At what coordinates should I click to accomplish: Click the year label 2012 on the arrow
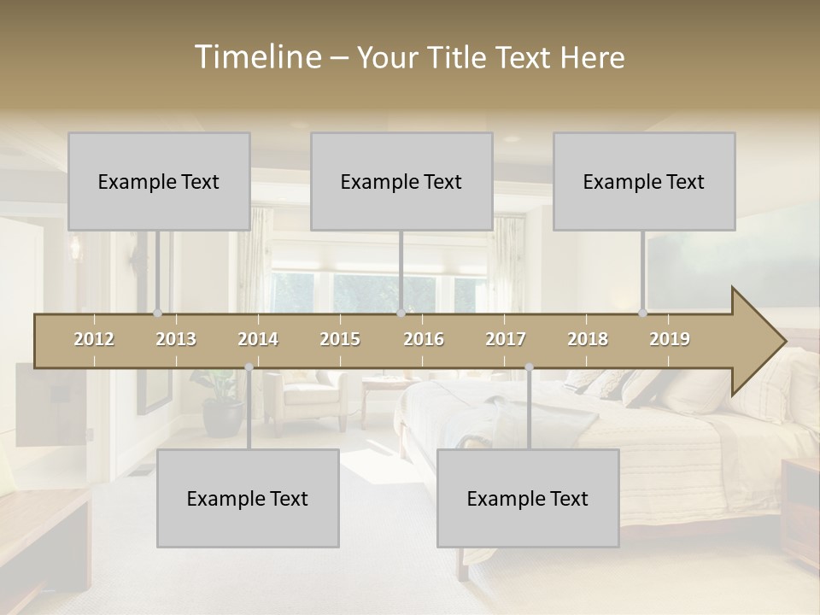pyautogui.click(x=94, y=339)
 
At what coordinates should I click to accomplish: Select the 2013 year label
pyautogui.click(x=176, y=339)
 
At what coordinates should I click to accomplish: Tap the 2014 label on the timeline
pyautogui.click(x=258, y=339)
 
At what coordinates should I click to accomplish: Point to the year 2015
pyautogui.click(x=340, y=339)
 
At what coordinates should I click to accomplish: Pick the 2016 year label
pyautogui.click(x=424, y=339)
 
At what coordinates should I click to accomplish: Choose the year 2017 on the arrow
pyautogui.click(x=506, y=339)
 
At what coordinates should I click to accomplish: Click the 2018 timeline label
pyautogui.click(x=588, y=339)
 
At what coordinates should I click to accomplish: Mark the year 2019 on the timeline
pyautogui.click(x=670, y=339)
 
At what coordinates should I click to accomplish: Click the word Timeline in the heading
pyautogui.click(x=257, y=57)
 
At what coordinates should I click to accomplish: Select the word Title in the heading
pyautogui.click(x=459, y=57)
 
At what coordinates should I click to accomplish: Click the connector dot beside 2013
pyautogui.click(x=157, y=313)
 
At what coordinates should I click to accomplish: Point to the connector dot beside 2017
pyautogui.click(x=529, y=367)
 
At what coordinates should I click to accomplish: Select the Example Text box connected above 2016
pyautogui.click(x=401, y=181)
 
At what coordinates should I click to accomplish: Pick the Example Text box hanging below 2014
pyautogui.click(x=248, y=498)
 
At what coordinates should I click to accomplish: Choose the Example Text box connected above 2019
pyautogui.click(x=644, y=181)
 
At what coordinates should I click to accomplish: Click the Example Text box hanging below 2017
pyautogui.click(x=528, y=498)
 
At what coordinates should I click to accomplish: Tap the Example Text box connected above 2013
pyautogui.click(x=159, y=181)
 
